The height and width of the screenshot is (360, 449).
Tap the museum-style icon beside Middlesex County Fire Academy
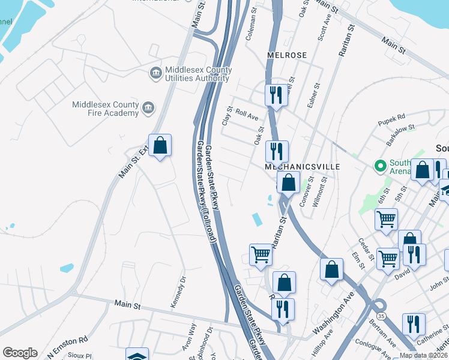(148, 109)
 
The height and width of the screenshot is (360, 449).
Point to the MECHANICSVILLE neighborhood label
(303, 166)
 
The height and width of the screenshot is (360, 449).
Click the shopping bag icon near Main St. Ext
(160, 146)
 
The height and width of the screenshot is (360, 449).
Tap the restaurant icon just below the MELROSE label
(276, 95)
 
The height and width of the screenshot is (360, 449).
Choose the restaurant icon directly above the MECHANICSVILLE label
(277, 151)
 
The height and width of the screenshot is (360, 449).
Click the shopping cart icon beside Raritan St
(261, 254)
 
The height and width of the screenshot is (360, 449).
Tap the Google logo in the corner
(20, 353)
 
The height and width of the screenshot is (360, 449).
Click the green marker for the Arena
(379, 165)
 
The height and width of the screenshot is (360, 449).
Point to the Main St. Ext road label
(133, 163)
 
